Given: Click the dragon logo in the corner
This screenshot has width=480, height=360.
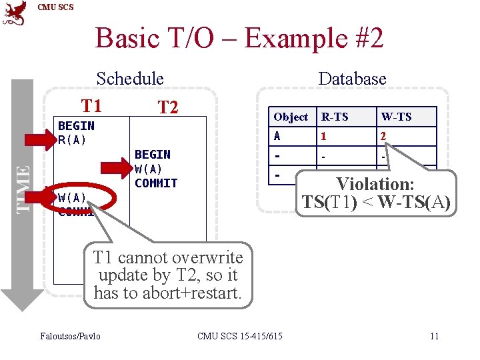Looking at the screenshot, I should point(15,13).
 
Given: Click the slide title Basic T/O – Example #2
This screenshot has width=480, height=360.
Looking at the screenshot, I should point(239,38).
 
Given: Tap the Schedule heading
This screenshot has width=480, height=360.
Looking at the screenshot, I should point(130,79).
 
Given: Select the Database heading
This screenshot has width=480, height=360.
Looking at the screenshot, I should point(352,79).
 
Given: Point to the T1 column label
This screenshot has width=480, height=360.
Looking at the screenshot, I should point(91,105).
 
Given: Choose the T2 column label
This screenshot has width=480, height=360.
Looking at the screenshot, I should point(167,107).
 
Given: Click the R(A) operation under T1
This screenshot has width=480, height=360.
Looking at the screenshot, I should point(73,140).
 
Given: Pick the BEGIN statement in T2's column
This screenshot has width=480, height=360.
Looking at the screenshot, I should point(153,155).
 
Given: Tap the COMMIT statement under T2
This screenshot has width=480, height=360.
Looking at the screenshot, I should point(156,183).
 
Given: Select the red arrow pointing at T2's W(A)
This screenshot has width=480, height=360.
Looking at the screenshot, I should point(117,169).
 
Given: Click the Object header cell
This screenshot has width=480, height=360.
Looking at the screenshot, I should point(291,117).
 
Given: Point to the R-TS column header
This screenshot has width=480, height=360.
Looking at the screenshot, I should point(335,117).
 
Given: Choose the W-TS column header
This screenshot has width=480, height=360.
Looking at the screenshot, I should point(396,117).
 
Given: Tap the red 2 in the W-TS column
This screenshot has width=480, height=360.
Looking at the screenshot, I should point(383,136).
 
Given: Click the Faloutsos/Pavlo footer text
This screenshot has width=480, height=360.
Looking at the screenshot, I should point(70,335).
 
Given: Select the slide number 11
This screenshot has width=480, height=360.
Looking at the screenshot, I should point(434,335).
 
